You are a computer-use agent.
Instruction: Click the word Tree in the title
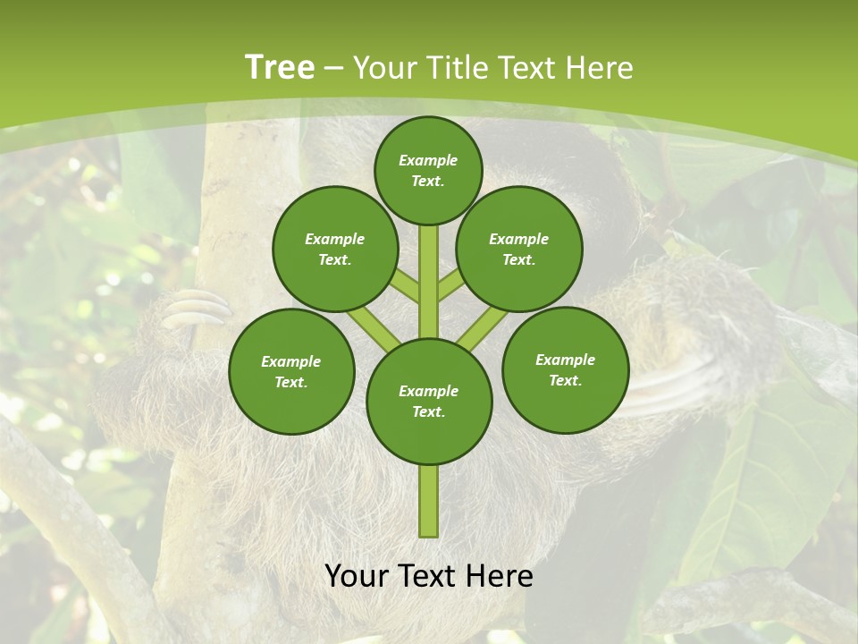click(x=280, y=68)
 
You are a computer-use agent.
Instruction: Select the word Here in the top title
click(x=599, y=68)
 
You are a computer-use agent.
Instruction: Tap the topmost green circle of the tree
click(x=428, y=170)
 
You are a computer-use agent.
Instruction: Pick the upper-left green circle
click(x=334, y=249)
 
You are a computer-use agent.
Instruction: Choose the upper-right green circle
click(x=518, y=249)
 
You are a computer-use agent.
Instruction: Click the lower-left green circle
click(x=291, y=371)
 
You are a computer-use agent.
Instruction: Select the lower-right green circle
click(x=565, y=369)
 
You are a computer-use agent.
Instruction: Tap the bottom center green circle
click(x=428, y=401)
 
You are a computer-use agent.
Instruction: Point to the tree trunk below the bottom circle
click(x=428, y=501)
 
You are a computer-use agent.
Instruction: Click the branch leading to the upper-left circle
click(x=404, y=285)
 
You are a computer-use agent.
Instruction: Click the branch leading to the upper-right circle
click(x=451, y=285)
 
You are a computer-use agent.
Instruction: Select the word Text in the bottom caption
click(x=427, y=577)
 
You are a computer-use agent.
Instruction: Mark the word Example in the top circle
click(x=428, y=161)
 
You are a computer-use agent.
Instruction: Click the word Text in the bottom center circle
click(x=428, y=411)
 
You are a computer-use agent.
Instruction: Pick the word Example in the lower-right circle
click(x=565, y=360)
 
